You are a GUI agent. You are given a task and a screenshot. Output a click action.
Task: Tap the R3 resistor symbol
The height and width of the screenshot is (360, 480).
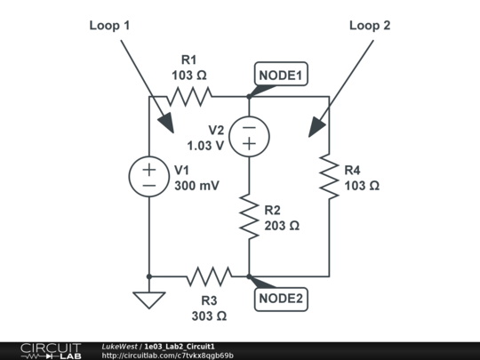pyautogui.click(x=209, y=276)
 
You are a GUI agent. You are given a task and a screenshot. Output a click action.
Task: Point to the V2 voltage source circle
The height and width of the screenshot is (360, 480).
pyautogui.click(x=248, y=136)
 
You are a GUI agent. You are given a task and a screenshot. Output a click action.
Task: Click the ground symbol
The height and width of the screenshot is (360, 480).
pyautogui.click(x=149, y=299)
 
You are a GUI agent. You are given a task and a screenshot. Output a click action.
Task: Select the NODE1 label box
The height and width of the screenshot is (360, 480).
pyautogui.click(x=281, y=76)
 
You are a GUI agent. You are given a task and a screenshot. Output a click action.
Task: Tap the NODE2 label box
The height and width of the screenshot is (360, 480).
pyautogui.click(x=281, y=299)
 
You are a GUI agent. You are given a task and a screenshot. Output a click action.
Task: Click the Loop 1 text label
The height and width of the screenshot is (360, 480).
pyautogui.click(x=109, y=26)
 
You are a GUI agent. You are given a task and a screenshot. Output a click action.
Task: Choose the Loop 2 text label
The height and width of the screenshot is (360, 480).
pyautogui.click(x=369, y=26)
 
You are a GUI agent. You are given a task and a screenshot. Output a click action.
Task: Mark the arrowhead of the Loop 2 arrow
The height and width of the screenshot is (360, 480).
pyautogui.click(x=312, y=131)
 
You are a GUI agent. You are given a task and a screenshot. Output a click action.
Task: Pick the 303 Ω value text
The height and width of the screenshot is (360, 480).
pyautogui.click(x=209, y=316)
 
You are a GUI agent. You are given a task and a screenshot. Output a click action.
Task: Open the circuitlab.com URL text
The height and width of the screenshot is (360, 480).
pyautogui.click(x=168, y=356)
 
